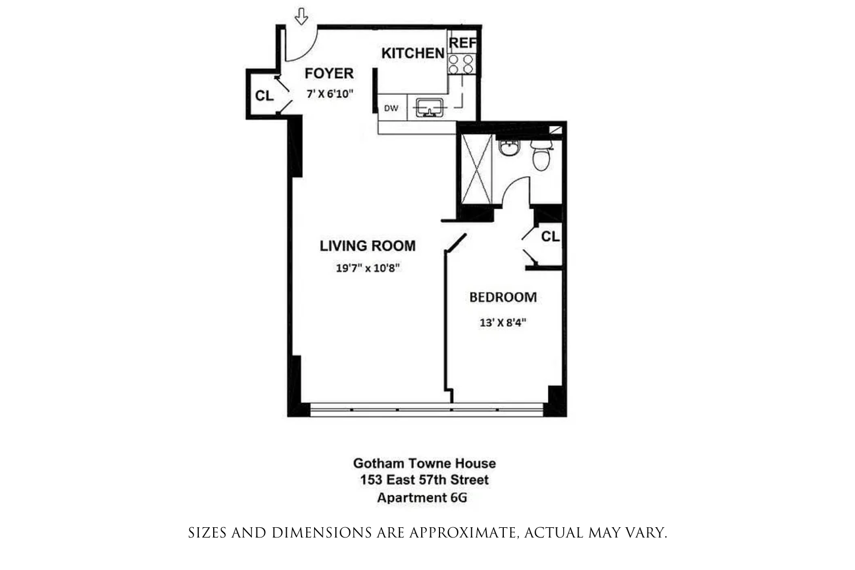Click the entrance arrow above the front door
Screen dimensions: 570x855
[302, 17]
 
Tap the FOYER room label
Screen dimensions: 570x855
[329, 74]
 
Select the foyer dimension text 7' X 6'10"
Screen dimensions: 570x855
[330, 93]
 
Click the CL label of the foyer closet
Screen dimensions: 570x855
[264, 96]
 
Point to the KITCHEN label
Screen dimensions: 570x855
[413, 53]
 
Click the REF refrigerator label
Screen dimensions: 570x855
[462, 43]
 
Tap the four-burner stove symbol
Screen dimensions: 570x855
[461, 64]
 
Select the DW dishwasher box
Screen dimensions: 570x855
[392, 108]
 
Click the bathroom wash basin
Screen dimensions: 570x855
[508, 148]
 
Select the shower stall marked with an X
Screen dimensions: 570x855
[476, 169]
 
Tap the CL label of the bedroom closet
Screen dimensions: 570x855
[550, 236]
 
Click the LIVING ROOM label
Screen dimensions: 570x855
[368, 246]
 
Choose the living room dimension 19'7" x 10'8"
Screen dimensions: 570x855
[368, 267]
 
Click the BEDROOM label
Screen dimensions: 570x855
[503, 297]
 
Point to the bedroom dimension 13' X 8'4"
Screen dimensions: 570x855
[503, 322]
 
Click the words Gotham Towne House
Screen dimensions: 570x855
[424, 463]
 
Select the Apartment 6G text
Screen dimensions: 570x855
[422, 498]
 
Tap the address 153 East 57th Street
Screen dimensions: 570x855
[424, 480]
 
